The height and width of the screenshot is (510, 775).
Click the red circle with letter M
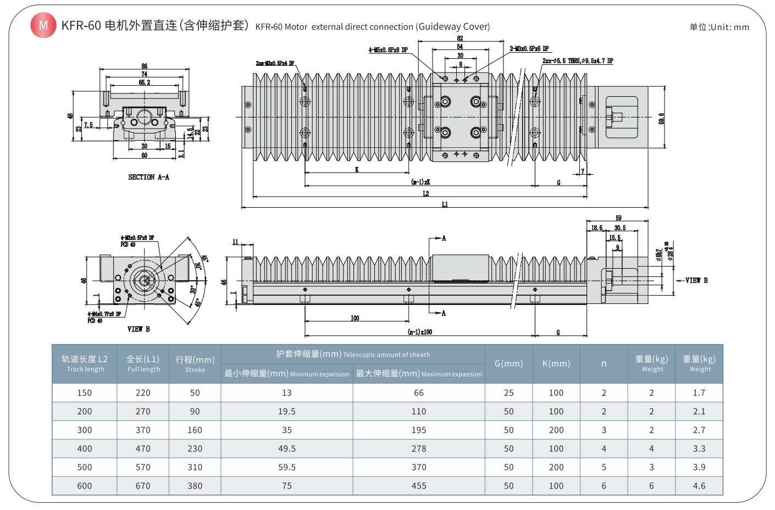tap(43, 25)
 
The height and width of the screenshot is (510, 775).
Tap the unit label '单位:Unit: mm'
tap(719, 27)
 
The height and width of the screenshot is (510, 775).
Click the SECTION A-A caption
tap(148, 177)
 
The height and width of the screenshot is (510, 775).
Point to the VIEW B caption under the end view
tap(139, 329)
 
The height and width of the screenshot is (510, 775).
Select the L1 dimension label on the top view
tap(445, 204)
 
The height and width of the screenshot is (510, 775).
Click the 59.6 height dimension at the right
tap(661, 118)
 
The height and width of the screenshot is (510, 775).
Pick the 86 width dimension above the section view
tap(144, 66)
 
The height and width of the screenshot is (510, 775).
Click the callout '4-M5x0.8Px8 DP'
tap(388, 50)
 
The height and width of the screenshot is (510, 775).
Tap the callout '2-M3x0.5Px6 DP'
tap(529, 49)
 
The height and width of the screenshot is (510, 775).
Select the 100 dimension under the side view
tap(355, 318)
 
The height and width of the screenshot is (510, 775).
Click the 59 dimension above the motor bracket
tap(618, 218)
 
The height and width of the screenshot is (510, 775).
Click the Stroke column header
tap(195, 364)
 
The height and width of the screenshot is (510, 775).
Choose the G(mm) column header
tap(508, 363)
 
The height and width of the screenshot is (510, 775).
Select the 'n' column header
tap(604, 363)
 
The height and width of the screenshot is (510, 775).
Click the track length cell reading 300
tap(85, 430)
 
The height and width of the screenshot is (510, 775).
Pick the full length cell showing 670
tap(143, 486)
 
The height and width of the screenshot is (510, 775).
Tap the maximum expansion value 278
tap(419, 448)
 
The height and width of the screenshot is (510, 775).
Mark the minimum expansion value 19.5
tap(286, 411)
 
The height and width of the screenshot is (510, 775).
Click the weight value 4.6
tap(699, 486)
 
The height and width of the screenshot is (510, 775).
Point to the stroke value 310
tap(195, 467)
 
